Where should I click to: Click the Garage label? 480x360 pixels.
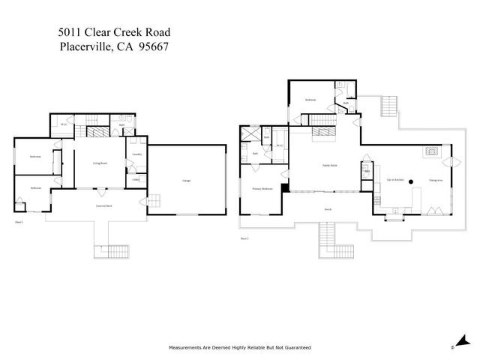pos(185,181)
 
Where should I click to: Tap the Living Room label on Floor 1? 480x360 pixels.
pos(101,162)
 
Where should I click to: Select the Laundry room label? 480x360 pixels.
pos(136,154)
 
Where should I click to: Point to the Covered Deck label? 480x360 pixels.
pos(104,205)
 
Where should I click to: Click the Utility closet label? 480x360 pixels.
pos(136,179)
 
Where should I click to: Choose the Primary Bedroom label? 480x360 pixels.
pos(261,188)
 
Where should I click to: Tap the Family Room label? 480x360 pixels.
pos(329,165)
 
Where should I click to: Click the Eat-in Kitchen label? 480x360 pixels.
pos(395,180)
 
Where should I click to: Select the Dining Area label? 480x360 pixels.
pos(435,180)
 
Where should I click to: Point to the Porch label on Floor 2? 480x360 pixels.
pos(328,209)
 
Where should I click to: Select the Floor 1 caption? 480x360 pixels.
pos(19,223)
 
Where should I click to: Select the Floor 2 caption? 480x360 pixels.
pos(244,238)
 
